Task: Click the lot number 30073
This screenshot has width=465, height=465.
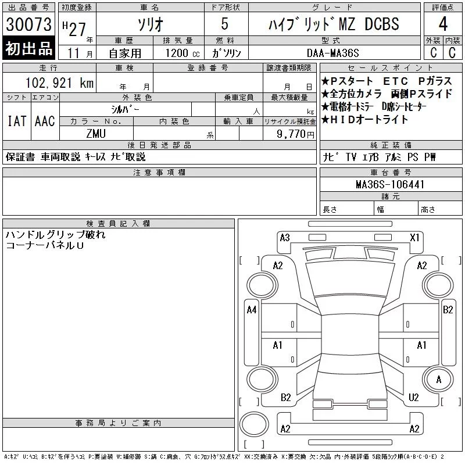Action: click(x=28, y=24)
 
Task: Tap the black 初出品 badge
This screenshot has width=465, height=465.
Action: click(x=28, y=48)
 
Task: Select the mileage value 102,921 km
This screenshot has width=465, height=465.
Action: click(x=59, y=83)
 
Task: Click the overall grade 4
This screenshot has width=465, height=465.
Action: click(x=443, y=24)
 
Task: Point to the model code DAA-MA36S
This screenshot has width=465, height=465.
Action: click(x=332, y=53)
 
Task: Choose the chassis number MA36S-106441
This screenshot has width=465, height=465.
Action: click(x=390, y=184)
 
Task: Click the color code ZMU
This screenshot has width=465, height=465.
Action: click(x=96, y=134)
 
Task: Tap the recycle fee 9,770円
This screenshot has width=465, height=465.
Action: click(x=295, y=134)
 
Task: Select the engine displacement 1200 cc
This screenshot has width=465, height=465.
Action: click(x=183, y=53)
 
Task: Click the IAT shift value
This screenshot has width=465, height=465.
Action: click(x=17, y=121)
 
